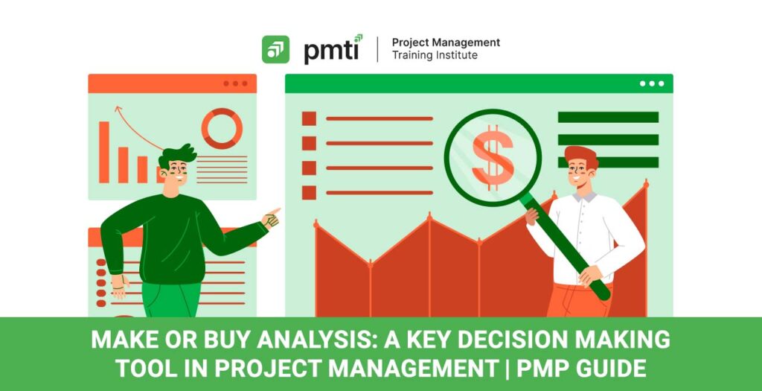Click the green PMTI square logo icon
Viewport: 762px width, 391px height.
click(275, 49)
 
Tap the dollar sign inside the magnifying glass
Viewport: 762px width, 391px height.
click(493, 158)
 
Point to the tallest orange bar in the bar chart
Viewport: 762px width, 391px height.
click(104, 152)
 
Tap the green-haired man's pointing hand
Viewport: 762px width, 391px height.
click(271, 218)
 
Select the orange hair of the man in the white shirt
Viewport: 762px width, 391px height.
click(582, 156)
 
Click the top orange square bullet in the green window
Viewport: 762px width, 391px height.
click(309, 118)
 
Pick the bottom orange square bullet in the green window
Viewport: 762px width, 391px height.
click(309, 193)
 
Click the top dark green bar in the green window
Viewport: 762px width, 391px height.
click(608, 117)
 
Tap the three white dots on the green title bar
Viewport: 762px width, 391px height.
click(652, 83)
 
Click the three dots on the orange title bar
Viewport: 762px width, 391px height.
click(235, 83)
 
